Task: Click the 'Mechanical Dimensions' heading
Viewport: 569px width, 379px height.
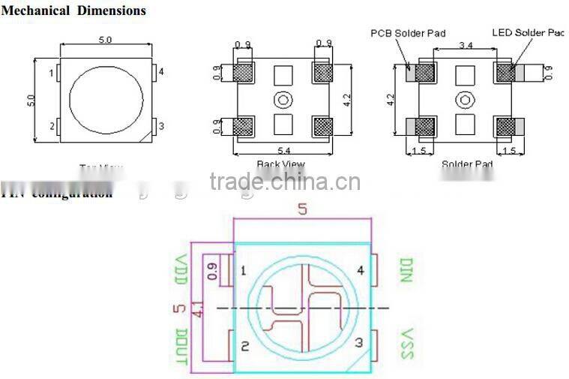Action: click(73, 11)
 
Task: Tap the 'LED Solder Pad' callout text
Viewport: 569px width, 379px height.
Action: click(527, 33)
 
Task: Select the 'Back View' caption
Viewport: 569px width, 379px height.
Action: click(280, 164)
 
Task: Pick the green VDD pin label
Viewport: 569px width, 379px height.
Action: click(180, 270)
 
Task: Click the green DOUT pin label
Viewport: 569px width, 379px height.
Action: click(180, 346)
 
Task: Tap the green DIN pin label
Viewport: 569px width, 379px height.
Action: click(406, 270)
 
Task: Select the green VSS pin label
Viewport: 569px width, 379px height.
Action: click(406, 344)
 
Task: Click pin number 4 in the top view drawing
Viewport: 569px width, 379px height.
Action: click(161, 72)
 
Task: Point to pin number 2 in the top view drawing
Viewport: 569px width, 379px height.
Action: click(52, 126)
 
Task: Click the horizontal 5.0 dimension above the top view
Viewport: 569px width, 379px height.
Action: click(105, 41)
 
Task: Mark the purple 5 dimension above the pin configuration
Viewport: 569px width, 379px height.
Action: click(303, 210)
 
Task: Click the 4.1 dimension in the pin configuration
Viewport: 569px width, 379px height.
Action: click(198, 308)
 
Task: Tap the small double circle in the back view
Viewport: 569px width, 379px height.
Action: click(283, 99)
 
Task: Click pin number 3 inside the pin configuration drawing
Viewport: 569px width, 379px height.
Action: click(358, 343)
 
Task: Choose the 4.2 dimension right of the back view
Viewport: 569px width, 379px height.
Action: click(346, 98)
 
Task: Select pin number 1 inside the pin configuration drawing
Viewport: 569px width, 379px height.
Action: click(244, 271)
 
